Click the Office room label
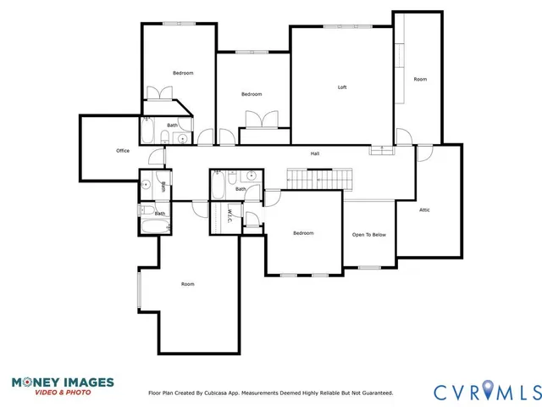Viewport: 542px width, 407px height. point(123,151)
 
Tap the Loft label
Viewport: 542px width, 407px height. point(342,87)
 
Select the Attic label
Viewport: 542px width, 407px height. point(424,209)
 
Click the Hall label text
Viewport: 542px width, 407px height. point(314,153)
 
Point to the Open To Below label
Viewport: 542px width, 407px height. point(369,234)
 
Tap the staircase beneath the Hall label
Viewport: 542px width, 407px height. point(318,179)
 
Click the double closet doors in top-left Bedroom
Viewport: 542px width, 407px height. point(158,93)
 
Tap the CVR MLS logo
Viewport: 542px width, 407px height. point(486,392)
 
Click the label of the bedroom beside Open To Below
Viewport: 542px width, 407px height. point(303,233)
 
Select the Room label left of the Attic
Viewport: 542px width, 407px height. point(420,79)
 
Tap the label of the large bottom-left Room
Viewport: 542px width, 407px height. point(187,284)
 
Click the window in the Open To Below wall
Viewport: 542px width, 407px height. point(369,268)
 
